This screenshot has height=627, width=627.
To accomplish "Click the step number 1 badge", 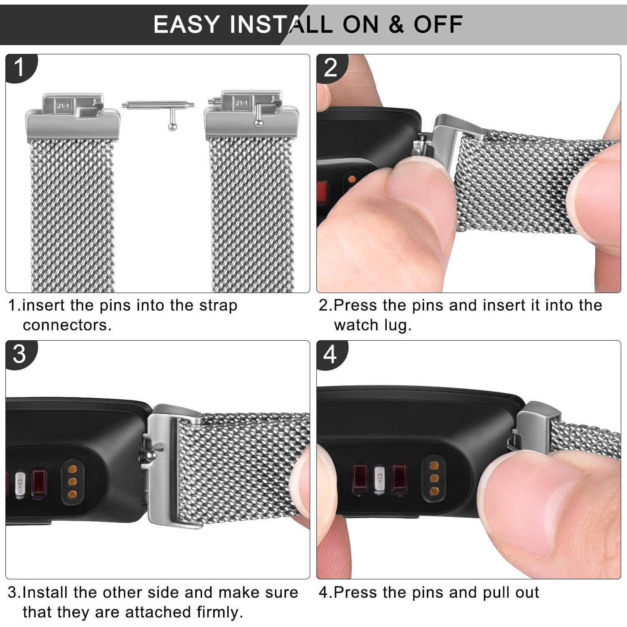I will coord(19,67).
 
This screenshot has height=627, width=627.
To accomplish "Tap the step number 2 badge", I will coord(330,67).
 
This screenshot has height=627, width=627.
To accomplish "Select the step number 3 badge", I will coord(19,354).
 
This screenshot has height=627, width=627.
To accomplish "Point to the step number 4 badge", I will coord(330,354).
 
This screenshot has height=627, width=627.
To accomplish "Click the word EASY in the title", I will coord(186,24).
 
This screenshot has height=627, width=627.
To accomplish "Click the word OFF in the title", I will coord(438,24).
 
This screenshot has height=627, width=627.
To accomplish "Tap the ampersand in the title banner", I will coord(396,24).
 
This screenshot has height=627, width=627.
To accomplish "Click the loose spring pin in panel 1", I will coord(158,106).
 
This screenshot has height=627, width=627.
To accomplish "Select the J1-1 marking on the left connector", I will coord(64,106).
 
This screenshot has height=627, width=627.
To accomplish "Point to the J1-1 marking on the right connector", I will coord(242,103).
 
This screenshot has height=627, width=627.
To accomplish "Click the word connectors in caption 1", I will coord(67,325).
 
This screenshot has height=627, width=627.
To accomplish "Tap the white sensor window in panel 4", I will coord(379,479).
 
